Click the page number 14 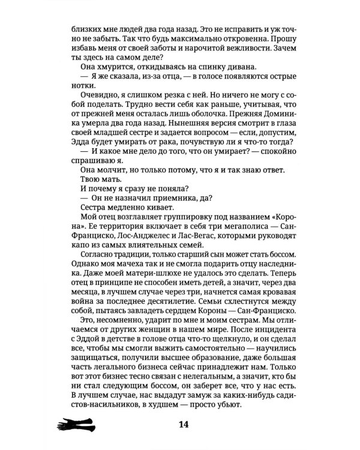184,425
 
